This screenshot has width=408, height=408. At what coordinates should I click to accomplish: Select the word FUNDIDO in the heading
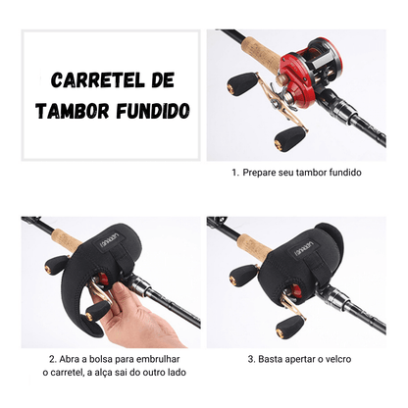148,107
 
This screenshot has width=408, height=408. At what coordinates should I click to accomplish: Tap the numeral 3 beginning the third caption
250,359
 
